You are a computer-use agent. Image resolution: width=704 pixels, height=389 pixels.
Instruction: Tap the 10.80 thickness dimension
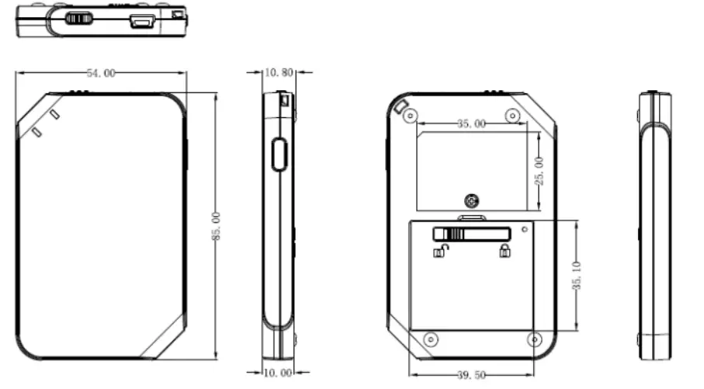click(x=279, y=72)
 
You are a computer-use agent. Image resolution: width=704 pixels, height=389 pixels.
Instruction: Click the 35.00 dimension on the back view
click(x=470, y=123)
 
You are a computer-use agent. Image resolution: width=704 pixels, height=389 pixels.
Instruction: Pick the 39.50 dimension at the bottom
click(x=470, y=375)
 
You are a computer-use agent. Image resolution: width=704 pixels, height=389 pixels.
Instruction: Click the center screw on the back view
click(x=471, y=200)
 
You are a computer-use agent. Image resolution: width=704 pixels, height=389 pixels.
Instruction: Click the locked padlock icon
click(x=505, y=250)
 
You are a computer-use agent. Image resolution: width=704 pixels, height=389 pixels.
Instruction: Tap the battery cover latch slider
click(x=471, y=234)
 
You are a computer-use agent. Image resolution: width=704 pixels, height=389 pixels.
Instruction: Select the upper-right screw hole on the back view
click(x=512, y=115)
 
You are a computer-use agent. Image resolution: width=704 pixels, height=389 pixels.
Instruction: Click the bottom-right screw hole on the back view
click(x=533, y=339)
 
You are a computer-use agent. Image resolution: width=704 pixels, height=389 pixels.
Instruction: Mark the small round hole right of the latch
click(x=525, y=228)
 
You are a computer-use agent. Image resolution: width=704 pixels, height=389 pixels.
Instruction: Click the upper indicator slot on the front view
click(x=54, y=115)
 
